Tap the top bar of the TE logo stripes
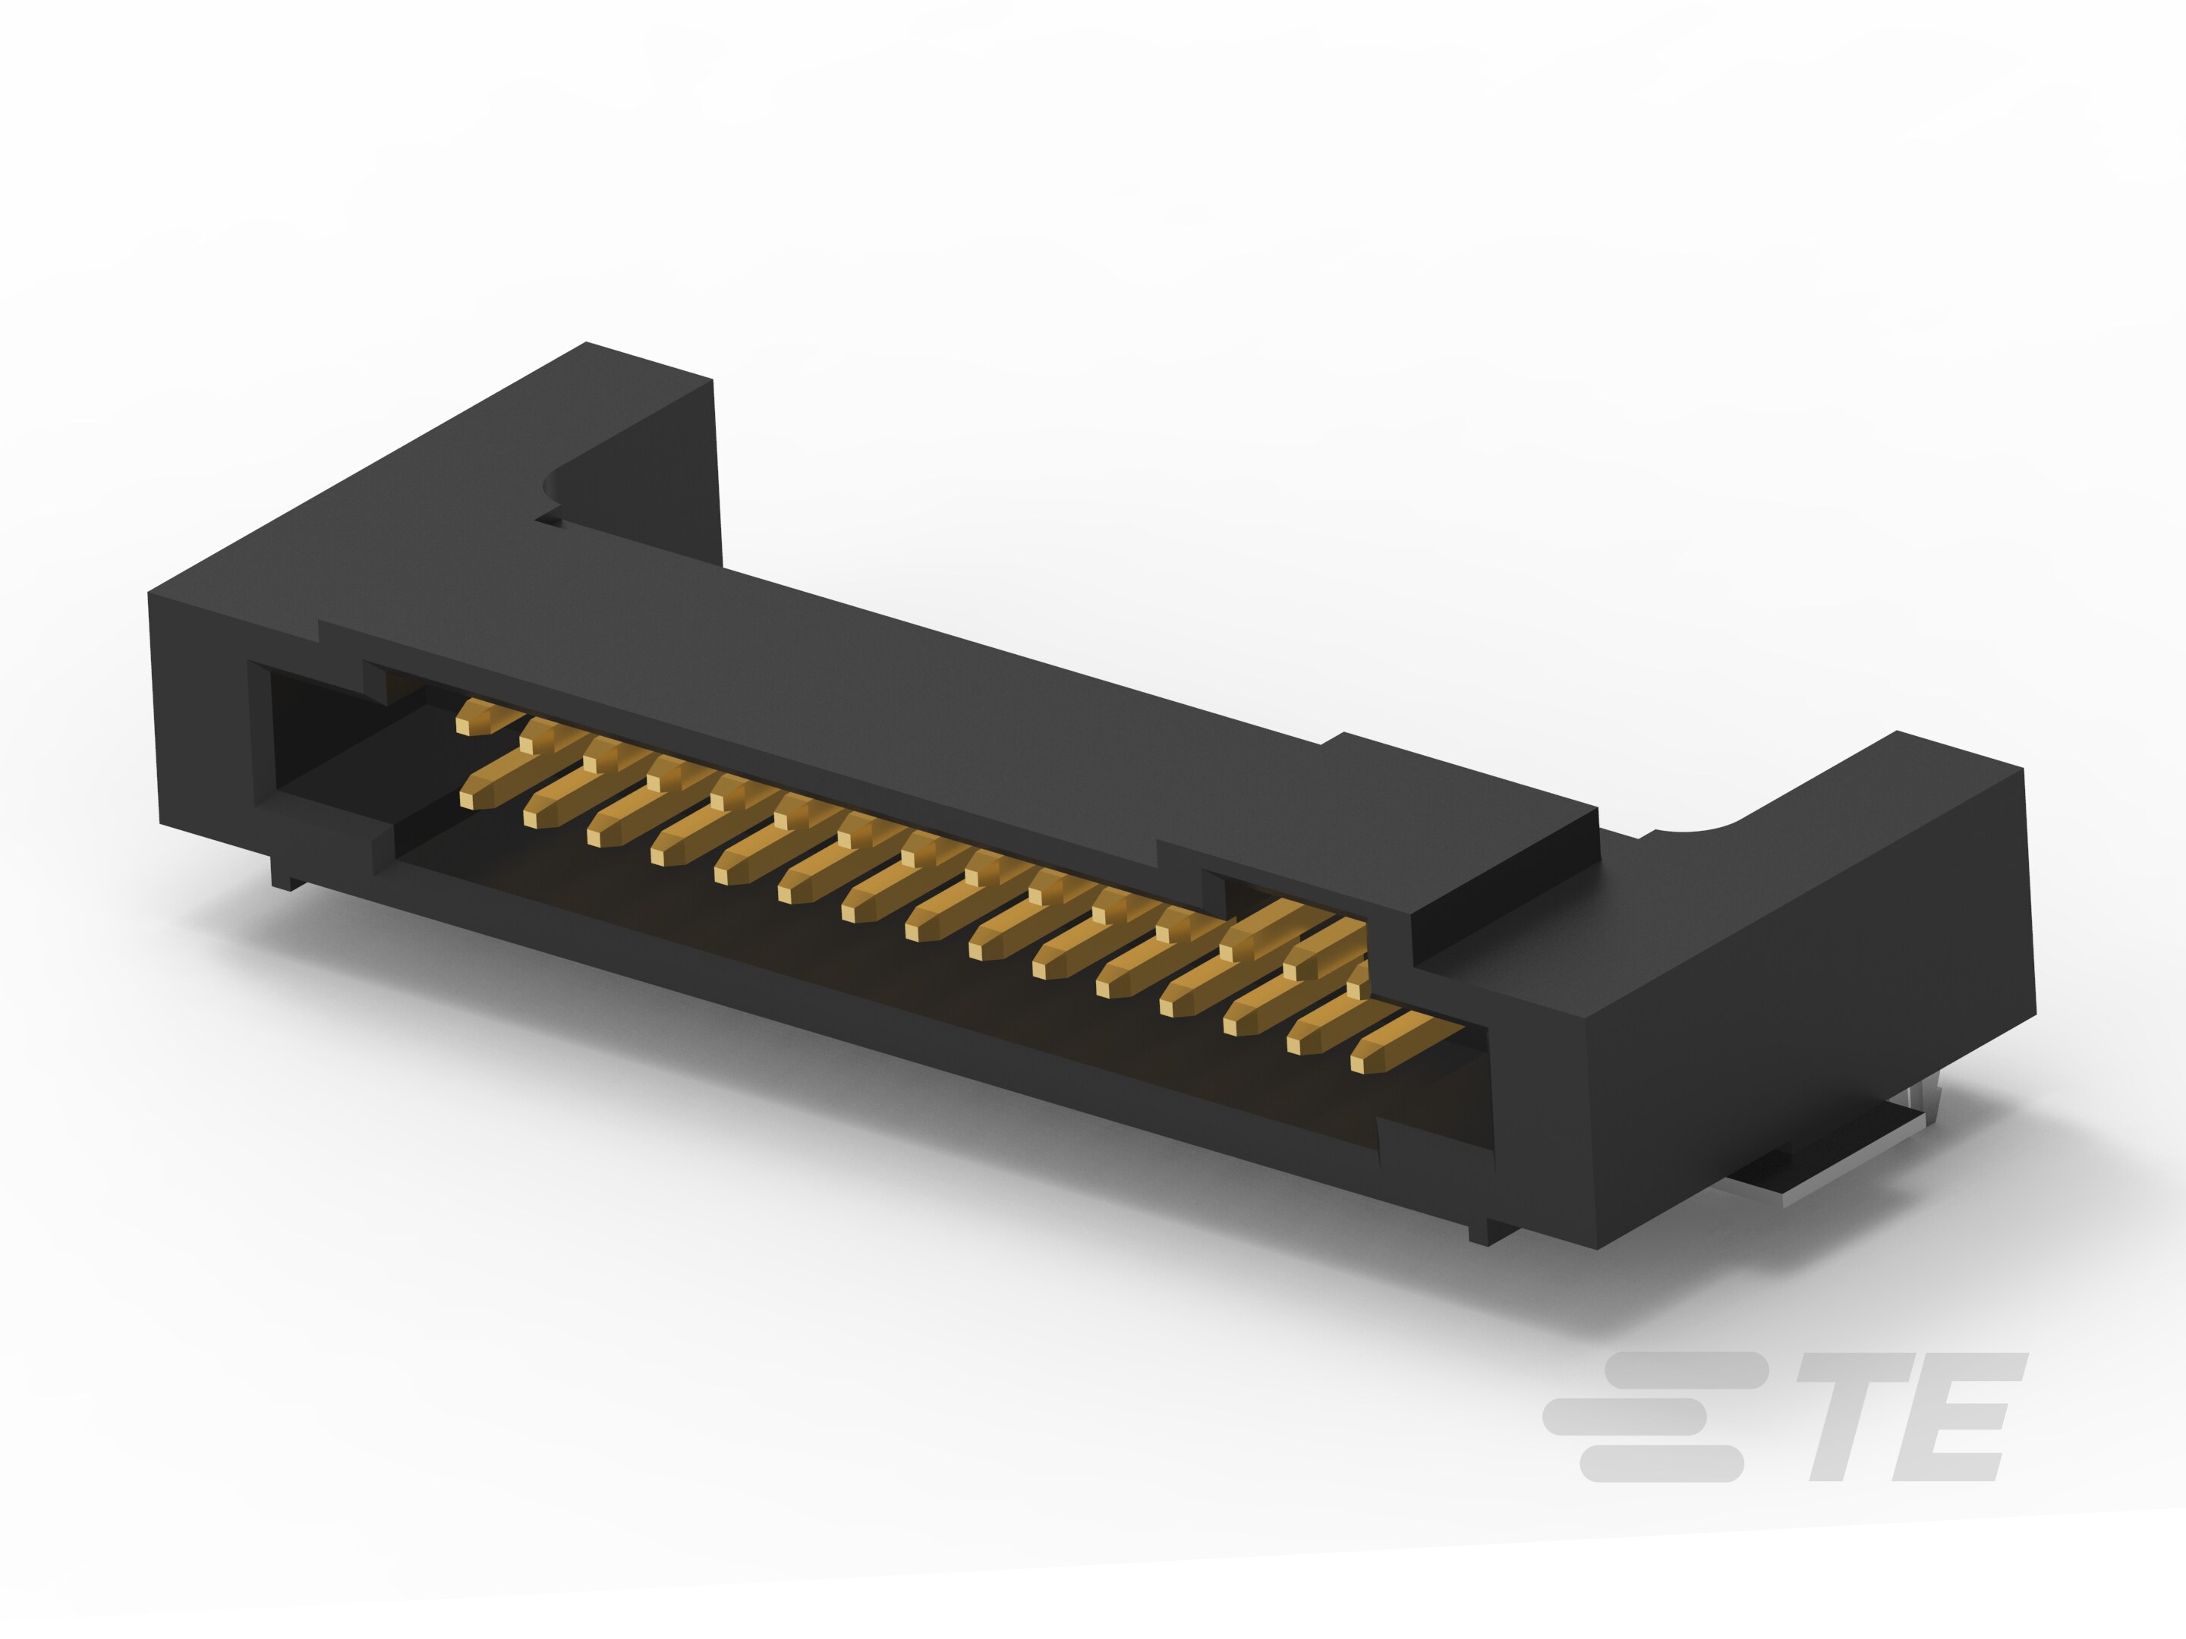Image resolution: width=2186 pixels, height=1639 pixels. (x=1685, y=1370)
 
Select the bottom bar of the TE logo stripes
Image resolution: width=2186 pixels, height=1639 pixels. (x=1660, y=1463)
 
